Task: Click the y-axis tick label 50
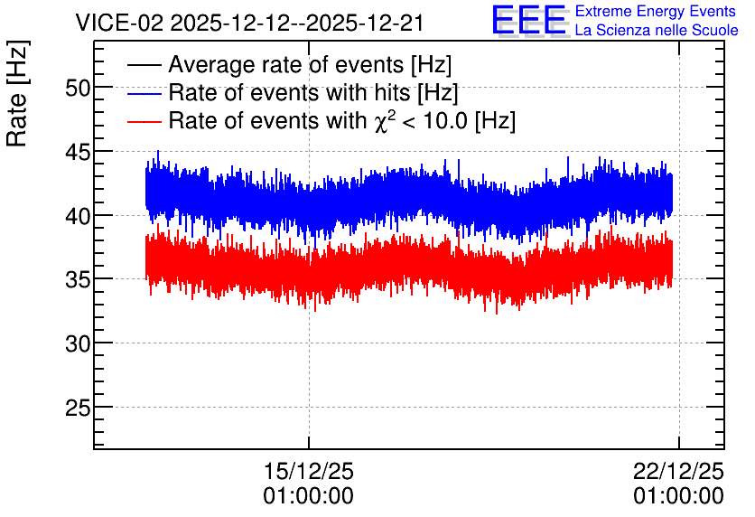[x=78, y=89]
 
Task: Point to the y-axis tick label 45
[x=78, y=153]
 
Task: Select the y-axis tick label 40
[x=78, y=217]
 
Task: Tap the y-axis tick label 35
[x=78, y=280]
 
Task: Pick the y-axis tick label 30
[x=78, y=344]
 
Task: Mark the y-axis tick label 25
[x=78, y=409]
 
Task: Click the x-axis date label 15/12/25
[x=309, y=471]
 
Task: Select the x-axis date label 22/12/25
[x=678, y=471]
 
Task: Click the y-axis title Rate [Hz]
[x=17, y=93]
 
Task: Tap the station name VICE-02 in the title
[x=120, y=23]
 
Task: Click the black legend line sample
[x=144, y=64]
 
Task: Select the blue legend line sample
[x=144, y=93]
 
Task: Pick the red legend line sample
[x=144, y=121]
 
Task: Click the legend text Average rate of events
[x=286, y=64]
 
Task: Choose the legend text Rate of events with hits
[x=289, y=92]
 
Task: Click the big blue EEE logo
[x=529, y=20]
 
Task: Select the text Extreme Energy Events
[x=656, y=11]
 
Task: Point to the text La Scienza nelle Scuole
[x=657, y=30]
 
